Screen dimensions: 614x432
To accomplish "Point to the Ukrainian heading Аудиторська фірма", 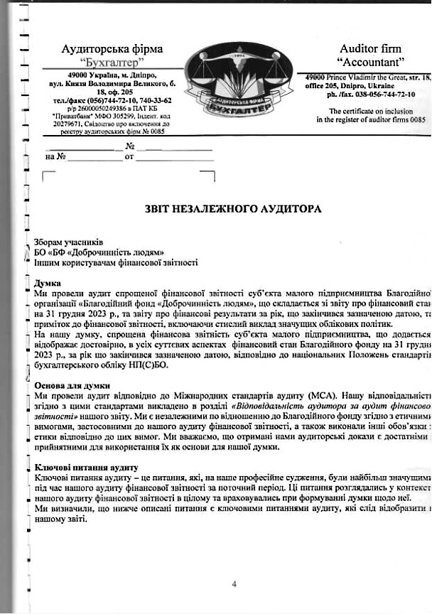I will pos(112,49).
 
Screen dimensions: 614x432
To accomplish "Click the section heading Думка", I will pos(48,282).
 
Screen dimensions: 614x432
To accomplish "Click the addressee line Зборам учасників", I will pos(70,241).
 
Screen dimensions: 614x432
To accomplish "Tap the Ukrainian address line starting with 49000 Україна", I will pos(112,75).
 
